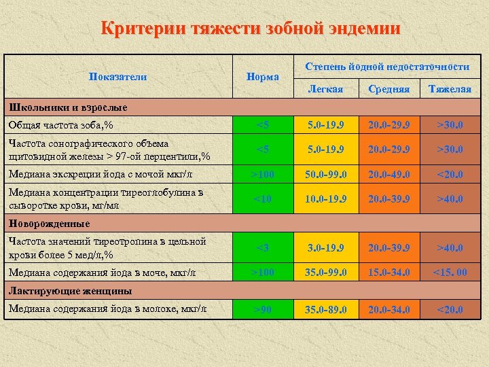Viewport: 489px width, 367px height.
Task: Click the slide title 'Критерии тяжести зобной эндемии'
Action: coord(250,29)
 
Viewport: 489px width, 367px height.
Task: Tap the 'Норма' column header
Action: coord(262,77)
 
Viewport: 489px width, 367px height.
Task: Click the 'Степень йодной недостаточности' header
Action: coord(387,67)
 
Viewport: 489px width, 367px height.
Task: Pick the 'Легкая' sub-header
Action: coord(325,89)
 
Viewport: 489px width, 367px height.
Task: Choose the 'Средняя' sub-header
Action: coord(388,89)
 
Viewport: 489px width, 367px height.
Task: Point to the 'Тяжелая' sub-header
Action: coord(450,89)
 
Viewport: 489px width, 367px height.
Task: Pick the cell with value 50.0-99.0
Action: coord(325,174)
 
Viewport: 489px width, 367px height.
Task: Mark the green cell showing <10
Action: coord(262,198)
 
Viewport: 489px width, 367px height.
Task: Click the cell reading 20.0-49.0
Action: coord(388,174)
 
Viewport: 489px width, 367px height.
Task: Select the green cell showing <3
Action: coord(262,248)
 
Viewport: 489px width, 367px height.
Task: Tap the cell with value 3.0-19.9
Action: coord(325,248)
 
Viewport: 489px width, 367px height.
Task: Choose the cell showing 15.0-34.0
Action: coord(388,273)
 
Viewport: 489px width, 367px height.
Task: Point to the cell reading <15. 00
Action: coord(450,273)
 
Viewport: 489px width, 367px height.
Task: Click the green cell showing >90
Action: coord(262,310)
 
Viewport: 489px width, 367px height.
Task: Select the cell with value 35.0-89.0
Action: coord(325,310)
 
